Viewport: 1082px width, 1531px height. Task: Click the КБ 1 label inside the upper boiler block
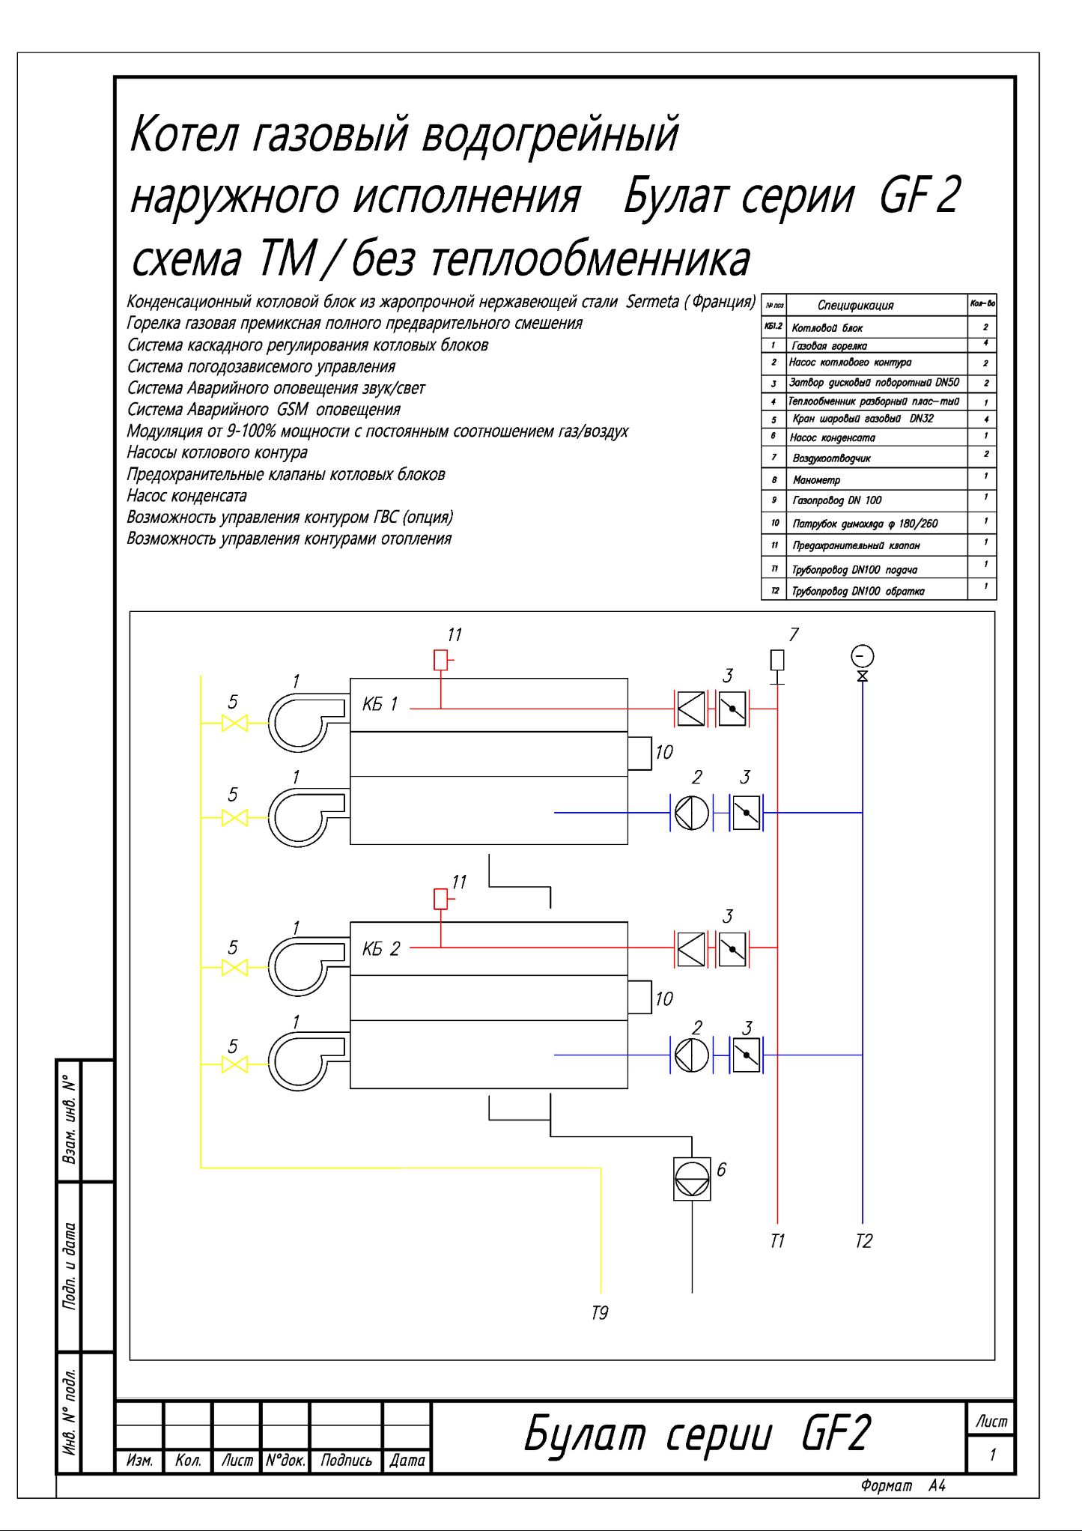coord(380,704)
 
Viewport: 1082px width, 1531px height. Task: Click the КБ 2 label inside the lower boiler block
coord(381,949)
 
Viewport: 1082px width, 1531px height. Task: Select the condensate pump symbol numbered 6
coord(692,1179)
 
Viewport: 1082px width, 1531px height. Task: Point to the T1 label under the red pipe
coord(777,1241)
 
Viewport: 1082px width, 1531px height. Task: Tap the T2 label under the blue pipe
coord(863,1241)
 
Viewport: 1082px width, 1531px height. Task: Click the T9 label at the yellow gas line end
coord(600,1313)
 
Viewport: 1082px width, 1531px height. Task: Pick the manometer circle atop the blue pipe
coord(863,656)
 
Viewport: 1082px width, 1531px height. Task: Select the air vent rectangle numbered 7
coord(777,660)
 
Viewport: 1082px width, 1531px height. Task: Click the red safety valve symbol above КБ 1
coord(441,660)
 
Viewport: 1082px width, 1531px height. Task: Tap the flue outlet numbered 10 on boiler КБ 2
coord(640,997)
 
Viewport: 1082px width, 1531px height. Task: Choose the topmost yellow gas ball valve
coord(234,724)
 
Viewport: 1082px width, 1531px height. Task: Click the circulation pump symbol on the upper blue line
coord(691,813)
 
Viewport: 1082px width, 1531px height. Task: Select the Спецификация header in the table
coord(855,305)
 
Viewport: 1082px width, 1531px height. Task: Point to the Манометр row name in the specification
coord(816,479)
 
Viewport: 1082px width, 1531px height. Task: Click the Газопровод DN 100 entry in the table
coord(836,500)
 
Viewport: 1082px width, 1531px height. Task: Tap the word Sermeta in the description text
coord(652,302)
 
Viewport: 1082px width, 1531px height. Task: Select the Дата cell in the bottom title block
coord(407,1460)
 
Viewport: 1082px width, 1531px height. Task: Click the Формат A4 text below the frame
coord(903,1486)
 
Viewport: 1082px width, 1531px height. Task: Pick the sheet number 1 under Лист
coord(992,1455)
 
